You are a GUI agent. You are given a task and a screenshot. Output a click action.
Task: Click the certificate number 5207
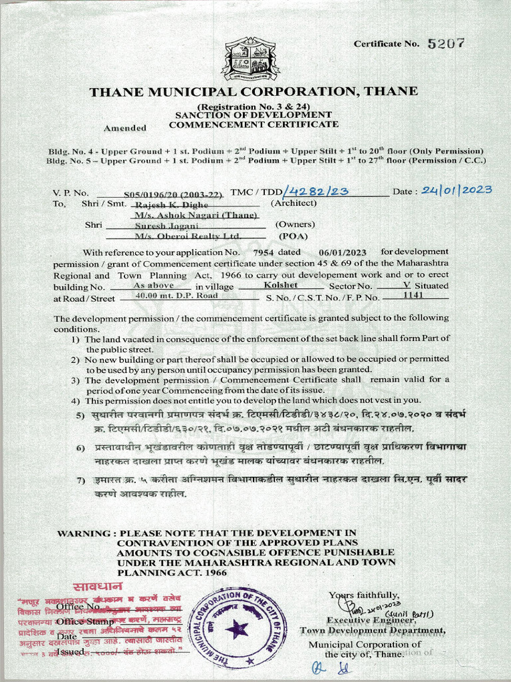(446, 44)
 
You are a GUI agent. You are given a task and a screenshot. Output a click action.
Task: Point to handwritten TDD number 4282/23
(316, 191)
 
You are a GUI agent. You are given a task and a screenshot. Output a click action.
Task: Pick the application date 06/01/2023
(343, 252)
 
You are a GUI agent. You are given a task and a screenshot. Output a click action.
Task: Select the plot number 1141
(413, 294)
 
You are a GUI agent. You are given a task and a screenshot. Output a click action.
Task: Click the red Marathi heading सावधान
(97, 587)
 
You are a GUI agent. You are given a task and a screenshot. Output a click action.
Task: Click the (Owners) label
(295, 225)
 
